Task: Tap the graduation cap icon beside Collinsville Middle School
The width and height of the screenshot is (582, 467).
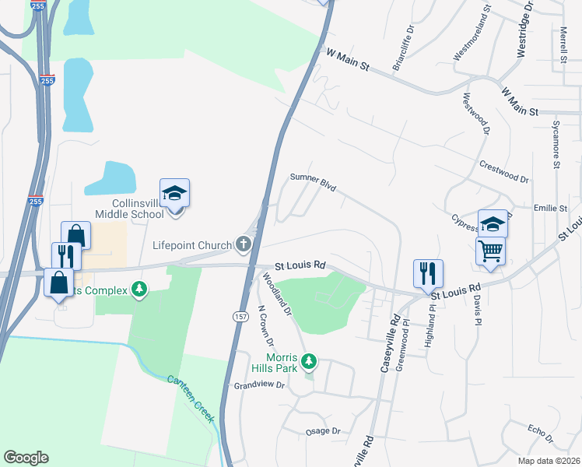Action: pos(175,193)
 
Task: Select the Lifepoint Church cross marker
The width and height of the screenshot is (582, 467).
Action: pos(244,245)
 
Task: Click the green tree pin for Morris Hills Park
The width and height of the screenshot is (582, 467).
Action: pos(310,361)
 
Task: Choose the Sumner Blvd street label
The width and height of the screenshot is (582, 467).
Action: pos(313,182)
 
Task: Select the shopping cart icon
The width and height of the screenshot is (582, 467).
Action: pos(490,251)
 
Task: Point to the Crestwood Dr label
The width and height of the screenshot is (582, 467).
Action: pos(504,172)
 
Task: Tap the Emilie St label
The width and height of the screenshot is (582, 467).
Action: pos(550,209)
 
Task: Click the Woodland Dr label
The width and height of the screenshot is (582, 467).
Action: pos(276,293)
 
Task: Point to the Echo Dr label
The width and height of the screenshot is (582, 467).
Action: pos(539,430)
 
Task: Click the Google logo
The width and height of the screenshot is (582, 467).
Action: pos(26,458)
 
